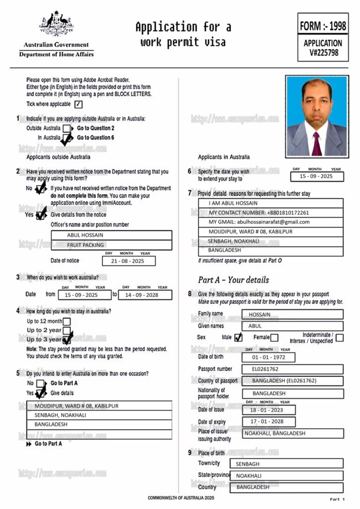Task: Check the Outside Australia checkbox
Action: [67, 128]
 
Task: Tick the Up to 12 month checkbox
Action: [67, 321]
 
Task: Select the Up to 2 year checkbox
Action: [67, 331]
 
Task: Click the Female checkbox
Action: [274, 338]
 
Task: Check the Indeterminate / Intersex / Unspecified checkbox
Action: [339, 338]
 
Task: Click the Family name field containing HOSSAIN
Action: [292, 314]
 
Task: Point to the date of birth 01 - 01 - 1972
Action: [269, 357]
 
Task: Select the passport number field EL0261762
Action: [292, 369]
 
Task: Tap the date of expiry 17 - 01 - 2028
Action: [269, 422]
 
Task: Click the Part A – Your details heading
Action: [233, 279]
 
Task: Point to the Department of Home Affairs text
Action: [56, 54]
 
